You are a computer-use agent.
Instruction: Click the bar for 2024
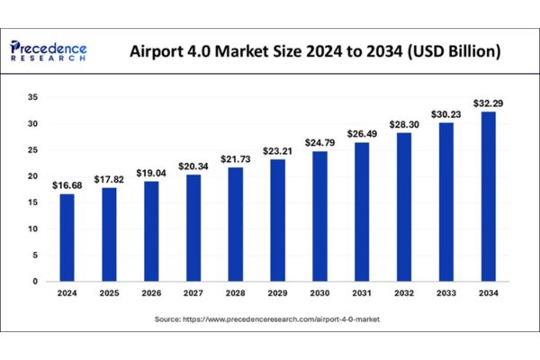click(67, 238)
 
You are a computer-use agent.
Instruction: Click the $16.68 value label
click(67, 184)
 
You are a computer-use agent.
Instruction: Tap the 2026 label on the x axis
click(152, 293)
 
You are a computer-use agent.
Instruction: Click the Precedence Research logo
click(49, 49)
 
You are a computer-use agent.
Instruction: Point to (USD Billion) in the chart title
click(454, 51)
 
